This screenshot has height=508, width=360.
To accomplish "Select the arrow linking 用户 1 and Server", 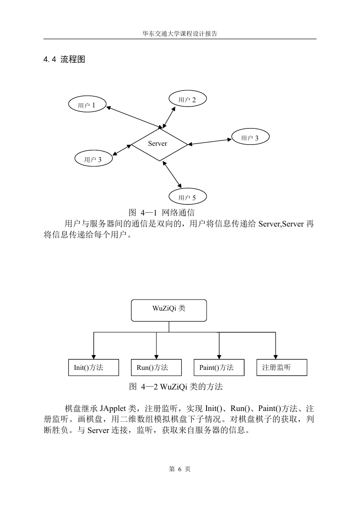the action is [x=134, y=117].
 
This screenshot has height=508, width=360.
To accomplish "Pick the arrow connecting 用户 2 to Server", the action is [x=169, y=117].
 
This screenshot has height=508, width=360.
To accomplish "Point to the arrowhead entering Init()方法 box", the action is [x=94, y=357].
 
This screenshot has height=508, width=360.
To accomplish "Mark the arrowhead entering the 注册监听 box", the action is [x=275, y=357].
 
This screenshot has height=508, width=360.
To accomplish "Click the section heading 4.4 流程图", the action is [x=64, y=59].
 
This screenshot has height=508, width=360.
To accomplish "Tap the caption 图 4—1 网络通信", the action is [x=162, y=213].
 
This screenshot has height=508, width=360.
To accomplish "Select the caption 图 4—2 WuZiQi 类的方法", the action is [x=176, y=387].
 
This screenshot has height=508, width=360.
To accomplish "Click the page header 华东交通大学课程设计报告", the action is [x=180, y=34].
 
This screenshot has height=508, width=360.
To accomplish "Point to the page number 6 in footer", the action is [x=180, y=469].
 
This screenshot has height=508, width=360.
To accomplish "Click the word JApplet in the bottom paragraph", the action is [x=113, y=409].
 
